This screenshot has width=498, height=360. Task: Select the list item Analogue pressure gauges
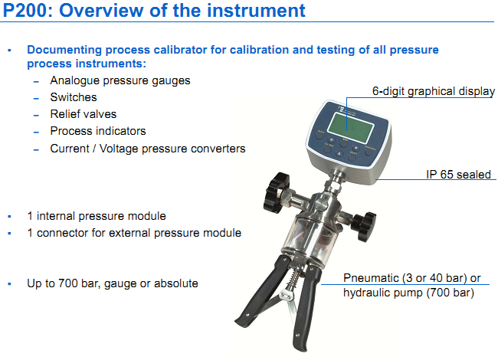pos(120,80)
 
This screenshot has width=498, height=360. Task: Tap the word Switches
pos(74,97)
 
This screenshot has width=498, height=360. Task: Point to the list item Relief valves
pos(84,114)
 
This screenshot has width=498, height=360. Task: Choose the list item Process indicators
pos(98,131)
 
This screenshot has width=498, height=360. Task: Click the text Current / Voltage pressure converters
pos(148,149)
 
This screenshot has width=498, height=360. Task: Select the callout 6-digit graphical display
pos(433,91)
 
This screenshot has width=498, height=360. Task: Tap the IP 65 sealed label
pos(458,175)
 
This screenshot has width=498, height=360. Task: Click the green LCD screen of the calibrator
pos(350,128)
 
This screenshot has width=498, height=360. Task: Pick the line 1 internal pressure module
pos(97,216)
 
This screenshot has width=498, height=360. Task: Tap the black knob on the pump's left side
pos(276,192)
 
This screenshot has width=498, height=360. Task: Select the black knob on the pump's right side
pos(364,227)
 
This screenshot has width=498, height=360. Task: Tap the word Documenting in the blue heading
pos(64,50)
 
